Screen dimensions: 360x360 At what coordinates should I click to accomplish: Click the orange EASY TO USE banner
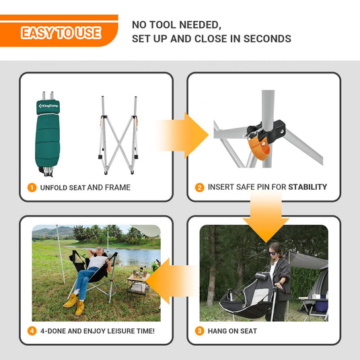click(59, 31)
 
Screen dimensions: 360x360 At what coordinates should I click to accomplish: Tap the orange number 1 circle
click(32, 188)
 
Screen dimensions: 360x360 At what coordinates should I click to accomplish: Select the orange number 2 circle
click(200, 188)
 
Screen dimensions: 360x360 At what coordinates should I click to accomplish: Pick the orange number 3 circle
click(200, 331)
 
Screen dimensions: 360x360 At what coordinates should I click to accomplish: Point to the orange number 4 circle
click(32, 331)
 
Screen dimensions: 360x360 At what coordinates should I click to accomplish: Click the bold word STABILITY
click(308, 187)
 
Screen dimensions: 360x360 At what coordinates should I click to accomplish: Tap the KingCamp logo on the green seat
click(48, 106)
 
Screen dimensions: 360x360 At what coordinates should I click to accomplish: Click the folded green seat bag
click(48, 134)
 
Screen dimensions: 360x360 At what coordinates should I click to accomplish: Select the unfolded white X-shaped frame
click(118, 135)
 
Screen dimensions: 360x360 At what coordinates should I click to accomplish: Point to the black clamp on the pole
click(266, 130)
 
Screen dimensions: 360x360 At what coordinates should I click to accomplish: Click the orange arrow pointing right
click(184, 135)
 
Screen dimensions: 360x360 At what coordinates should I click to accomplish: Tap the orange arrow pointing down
click(266, 217)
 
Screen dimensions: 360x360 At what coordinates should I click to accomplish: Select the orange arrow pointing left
click(171, 281)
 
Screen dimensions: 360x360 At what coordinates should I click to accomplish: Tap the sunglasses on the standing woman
click(273, 253)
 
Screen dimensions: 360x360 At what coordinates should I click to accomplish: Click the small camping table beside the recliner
click(138, 285)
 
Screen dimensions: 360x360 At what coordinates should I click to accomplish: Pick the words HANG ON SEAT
click(232, 331)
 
